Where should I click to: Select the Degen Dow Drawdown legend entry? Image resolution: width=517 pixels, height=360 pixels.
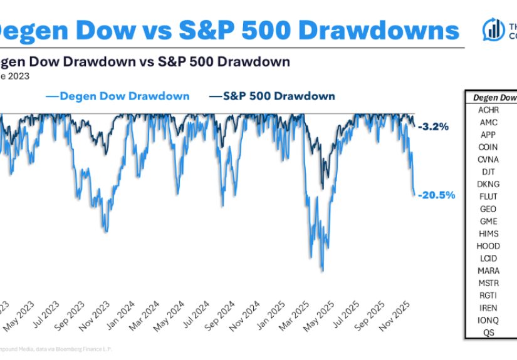point(117,96)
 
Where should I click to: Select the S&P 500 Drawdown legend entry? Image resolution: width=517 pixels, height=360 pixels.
point(271,96)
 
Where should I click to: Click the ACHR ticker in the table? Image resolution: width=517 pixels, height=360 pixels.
point(488,110)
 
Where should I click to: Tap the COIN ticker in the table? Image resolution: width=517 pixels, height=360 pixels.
point(488,147)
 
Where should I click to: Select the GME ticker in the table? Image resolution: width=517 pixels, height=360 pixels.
point(488,220)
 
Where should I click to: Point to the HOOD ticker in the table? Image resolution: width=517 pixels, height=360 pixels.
point(488,245)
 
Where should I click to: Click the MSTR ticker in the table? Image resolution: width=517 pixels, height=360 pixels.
point(488,282)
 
